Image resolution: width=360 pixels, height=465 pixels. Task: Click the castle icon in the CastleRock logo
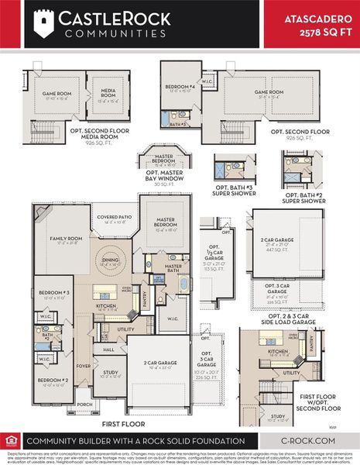point(42,22)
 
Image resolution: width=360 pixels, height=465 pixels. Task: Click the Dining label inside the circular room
point(111,261)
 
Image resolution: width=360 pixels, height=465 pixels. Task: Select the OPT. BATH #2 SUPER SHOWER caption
point(303,198)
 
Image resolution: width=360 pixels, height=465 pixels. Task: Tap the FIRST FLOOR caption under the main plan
point(124,425)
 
